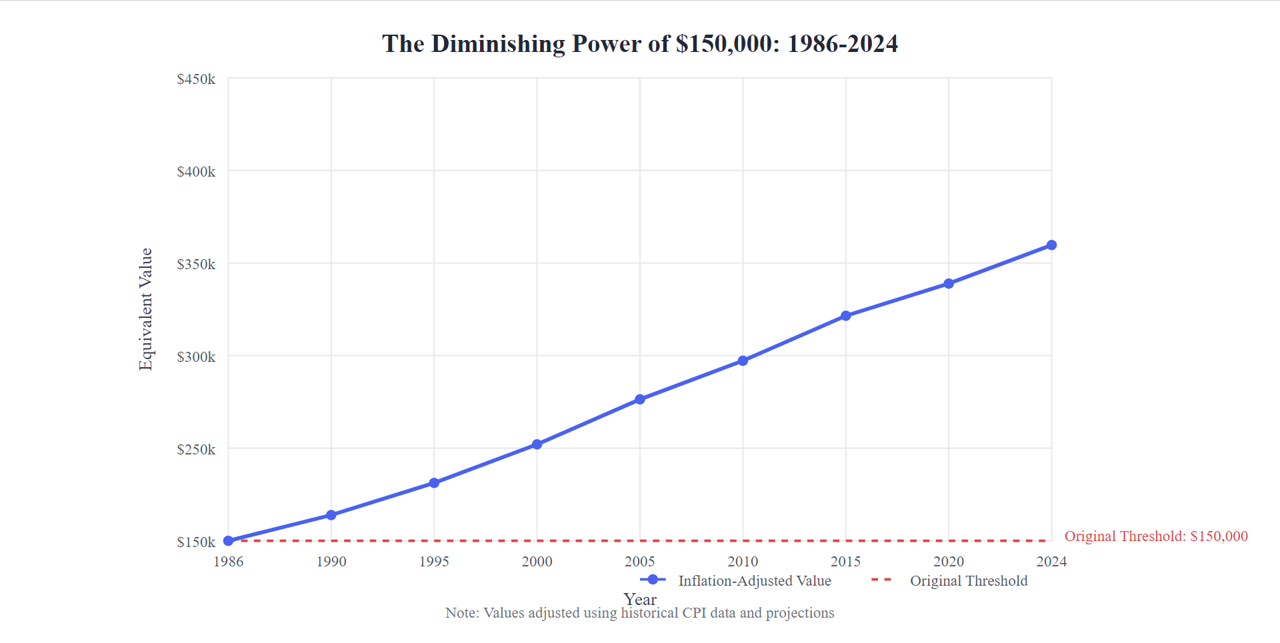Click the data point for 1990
click(x=331, y=515)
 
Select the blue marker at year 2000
click(x=537, y=444)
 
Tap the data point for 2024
click(x=1051, y=245)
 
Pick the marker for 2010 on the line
click(x=743, y=361)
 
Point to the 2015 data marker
click(x=846, y=316)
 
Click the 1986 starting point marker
click(x=229, y=541)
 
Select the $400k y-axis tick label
click(x=196, y=172)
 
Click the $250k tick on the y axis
click(x=196, y=450)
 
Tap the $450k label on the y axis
click(x=196, y=79)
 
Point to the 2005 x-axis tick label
click(x=640, y=562)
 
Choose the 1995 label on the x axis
click(x=434, y=562)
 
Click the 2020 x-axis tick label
click(x=949, y=562)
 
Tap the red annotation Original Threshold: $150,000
click(x=1155, y=536)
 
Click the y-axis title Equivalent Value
click(x=145, y=309)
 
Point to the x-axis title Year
click(x=640, y=599)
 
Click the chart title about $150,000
click(x=640, y=44)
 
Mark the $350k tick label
click(x=196, y=265)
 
